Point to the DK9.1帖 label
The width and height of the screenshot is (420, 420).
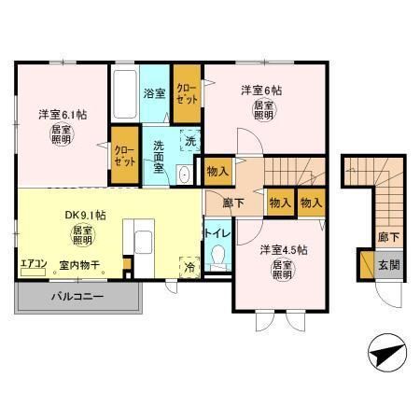pyautogui.click(x=84, y=215)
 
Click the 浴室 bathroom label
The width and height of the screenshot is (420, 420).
pyautogui.click(x=154, y=92)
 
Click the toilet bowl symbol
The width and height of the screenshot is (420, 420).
pyautogui.click(x=217, y=254)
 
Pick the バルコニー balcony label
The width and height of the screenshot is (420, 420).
pyautogui.click(x=77, y=297)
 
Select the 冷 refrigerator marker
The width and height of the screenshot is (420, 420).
pyautogui.click(x=190, y=265)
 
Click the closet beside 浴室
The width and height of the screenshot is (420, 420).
pyautogui.click(x=187, y=93)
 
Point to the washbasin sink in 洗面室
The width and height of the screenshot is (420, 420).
pyautogui.click(x=185, y=175)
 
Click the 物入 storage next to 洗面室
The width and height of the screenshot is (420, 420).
pyautogui.click(x=218, y=171)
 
